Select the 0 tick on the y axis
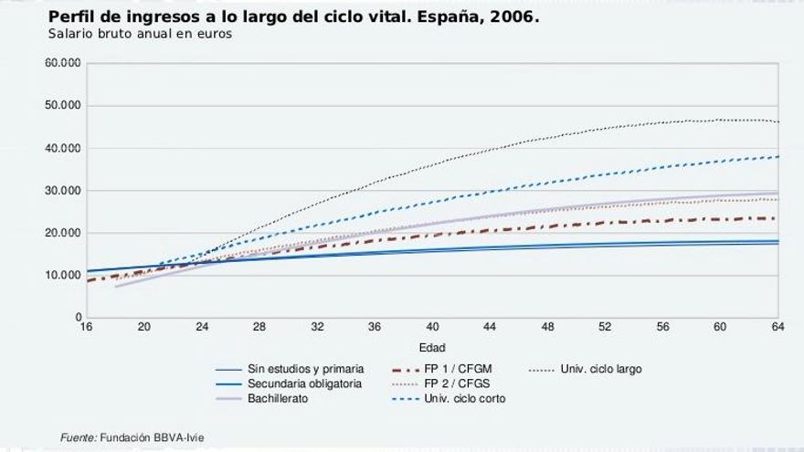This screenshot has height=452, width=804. (78, 317)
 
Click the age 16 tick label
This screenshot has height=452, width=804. (86, 327)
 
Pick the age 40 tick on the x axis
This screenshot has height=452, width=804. (433, 327)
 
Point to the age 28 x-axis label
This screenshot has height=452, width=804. (259, 327)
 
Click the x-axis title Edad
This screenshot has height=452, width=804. (432, 348)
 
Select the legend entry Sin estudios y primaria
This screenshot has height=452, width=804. (305, 369)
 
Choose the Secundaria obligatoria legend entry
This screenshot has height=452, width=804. (304, 384)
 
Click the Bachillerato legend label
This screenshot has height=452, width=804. (277, 399)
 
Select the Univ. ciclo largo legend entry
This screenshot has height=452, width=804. (600, 369)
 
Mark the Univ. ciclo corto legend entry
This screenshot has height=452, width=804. (465, 399)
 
